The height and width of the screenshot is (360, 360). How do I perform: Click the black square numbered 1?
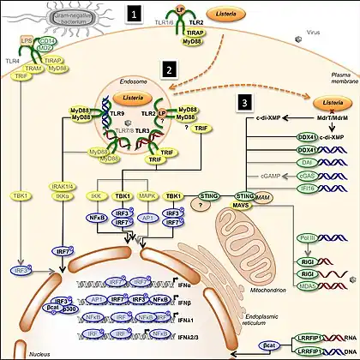(x=133, y=15)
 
